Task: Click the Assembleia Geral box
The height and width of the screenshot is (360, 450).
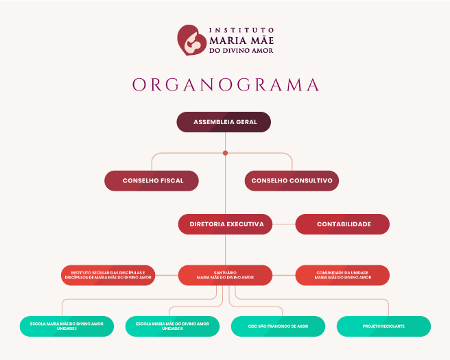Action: tap(224, 122)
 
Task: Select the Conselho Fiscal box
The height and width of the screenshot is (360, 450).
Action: tap(152, 181)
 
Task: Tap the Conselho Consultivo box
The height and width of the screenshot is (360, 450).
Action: tap(292, 181)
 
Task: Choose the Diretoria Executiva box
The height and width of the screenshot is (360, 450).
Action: tap(226, 224)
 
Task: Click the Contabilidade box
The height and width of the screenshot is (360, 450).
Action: tap(343, 224)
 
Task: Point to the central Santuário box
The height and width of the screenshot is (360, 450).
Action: tap(226, 276)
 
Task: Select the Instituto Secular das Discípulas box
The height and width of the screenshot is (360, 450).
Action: tap(108, 276)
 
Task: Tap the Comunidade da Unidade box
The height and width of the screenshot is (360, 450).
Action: tap(343, 276)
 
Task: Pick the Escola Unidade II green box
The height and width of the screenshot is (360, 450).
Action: tap(172, 326)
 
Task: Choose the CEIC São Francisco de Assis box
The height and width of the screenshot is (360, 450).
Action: tap(279, 326)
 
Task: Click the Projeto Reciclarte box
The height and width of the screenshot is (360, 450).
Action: tap(383, 326)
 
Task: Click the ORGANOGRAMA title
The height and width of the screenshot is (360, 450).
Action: tap(226, 84)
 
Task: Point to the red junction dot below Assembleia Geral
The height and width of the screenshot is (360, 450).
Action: tap(225, 153)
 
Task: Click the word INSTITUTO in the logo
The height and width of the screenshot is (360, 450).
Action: tap(241, 30)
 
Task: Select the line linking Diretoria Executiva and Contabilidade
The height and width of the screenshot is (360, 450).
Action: tap(284, 224)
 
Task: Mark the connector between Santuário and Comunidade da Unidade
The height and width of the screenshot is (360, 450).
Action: tap(284, 276)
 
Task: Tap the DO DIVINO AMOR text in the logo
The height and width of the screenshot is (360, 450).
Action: tap(241, 50)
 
